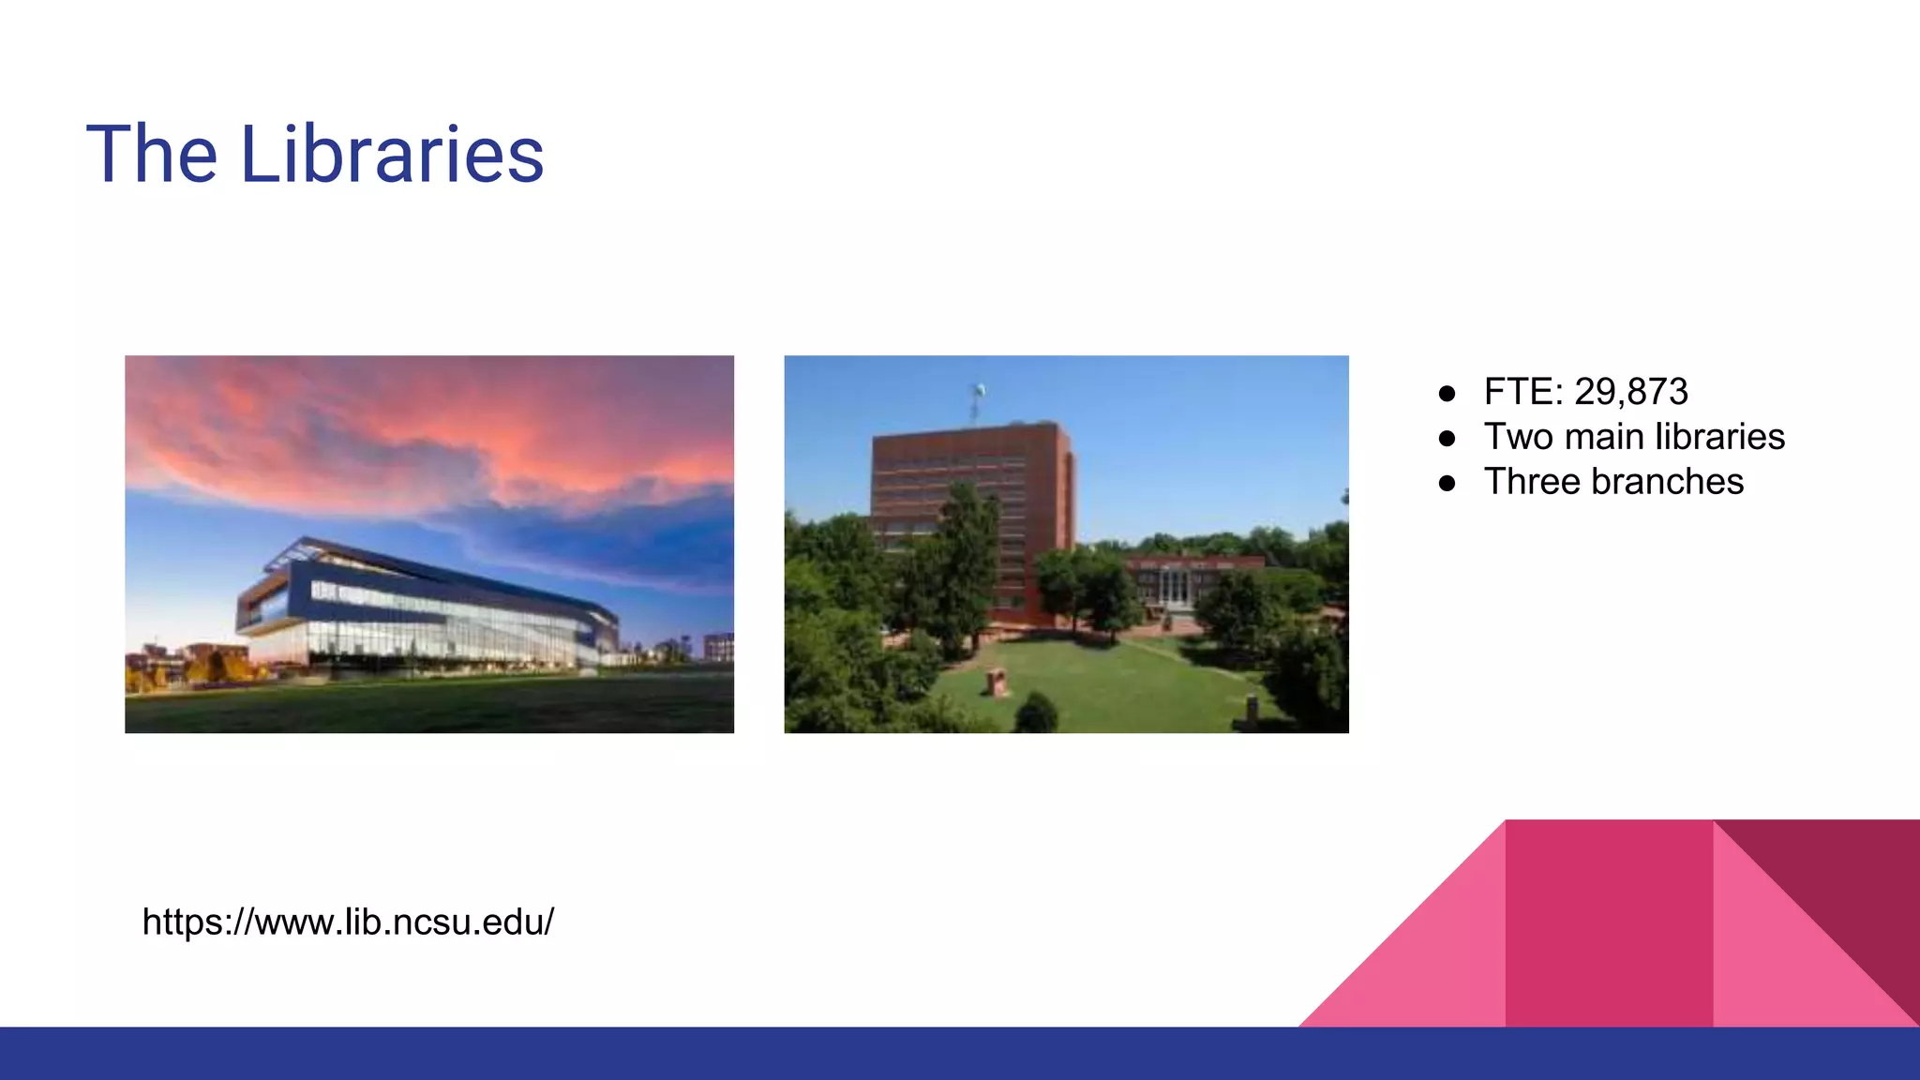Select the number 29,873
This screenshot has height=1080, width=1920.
point(1630,392)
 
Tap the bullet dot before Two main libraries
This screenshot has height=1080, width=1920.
point(1447,438)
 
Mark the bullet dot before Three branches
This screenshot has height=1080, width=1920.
point(1447,483)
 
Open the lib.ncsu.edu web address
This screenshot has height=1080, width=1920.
point(348,922)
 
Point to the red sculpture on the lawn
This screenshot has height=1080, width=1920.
point(996,682)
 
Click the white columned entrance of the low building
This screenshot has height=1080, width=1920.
point(1173,587)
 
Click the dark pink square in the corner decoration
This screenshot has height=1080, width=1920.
point(1609,923)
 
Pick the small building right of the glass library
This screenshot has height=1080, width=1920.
point(718,647)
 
